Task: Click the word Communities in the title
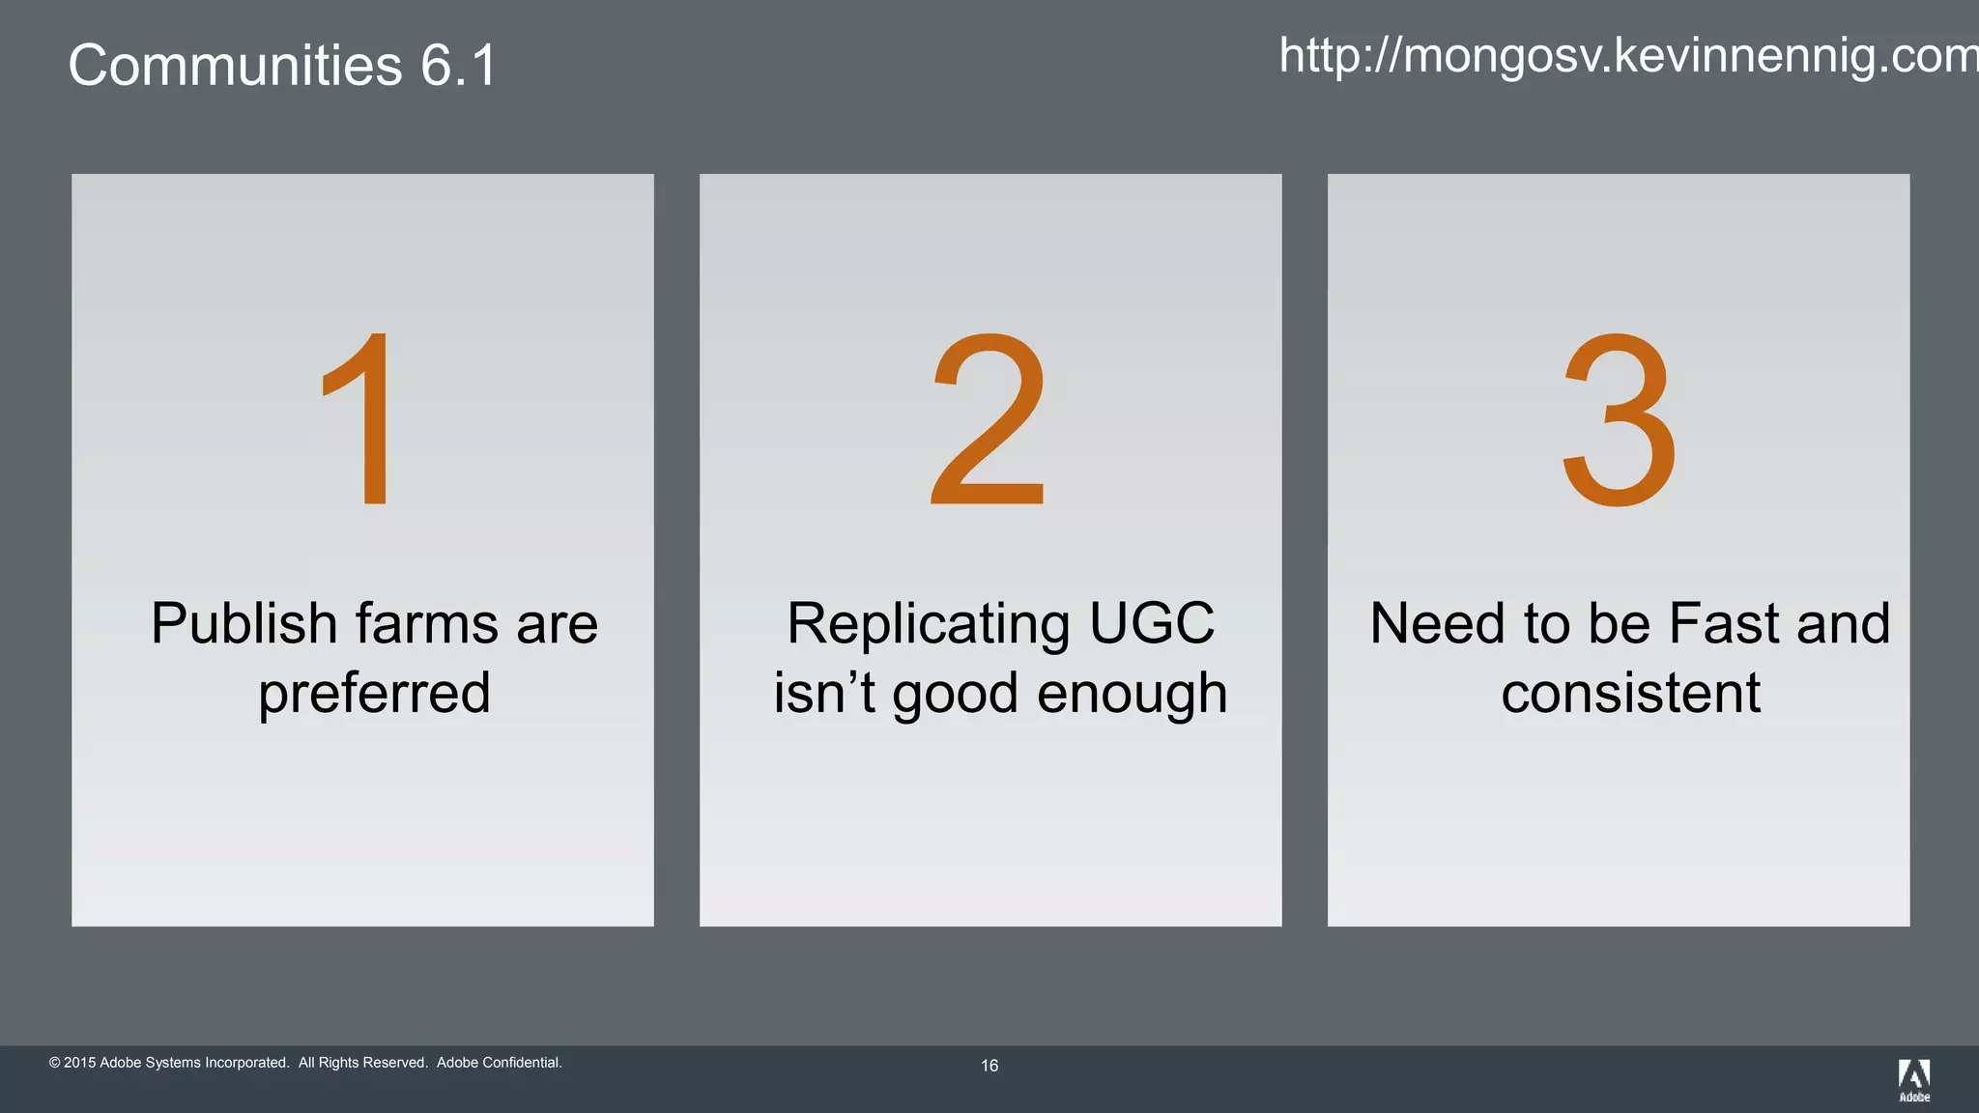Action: (235, 66)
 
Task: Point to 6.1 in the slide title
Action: (458, 66)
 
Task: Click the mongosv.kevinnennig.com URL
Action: (1629, 55)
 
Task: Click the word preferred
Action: (374, 694)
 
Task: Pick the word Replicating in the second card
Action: (928, 623)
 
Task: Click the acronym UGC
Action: (1152, 623)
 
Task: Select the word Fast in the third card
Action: (1724, 623)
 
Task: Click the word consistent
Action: (1631, 694)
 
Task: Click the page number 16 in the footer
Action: (989, 1066)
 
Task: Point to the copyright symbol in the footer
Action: (55, 1063)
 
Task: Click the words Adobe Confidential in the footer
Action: (499, 1063)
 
